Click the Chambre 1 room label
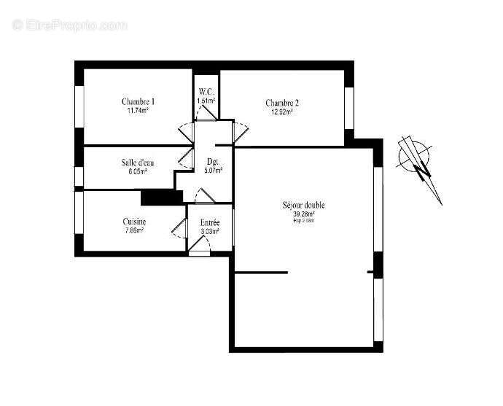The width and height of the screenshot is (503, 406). [138, 101]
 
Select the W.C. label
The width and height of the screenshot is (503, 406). [206, 91]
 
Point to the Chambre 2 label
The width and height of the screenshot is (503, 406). [282, 103]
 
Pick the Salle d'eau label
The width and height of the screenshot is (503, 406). [138, 163]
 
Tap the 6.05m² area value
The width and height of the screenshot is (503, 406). [138, 172]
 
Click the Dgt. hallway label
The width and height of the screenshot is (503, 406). [213, 162]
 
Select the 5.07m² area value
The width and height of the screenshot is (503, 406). [213, 171]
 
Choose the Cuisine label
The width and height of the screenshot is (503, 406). [134, 222]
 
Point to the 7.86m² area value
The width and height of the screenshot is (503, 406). [134, 231]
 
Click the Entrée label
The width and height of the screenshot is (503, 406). [210, 222]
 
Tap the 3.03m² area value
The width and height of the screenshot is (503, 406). [210, 232]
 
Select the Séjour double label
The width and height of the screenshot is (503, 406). [304, 206]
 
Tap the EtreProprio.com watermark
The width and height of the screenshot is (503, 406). [70, 25]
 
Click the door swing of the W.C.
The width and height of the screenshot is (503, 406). [206, 112]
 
